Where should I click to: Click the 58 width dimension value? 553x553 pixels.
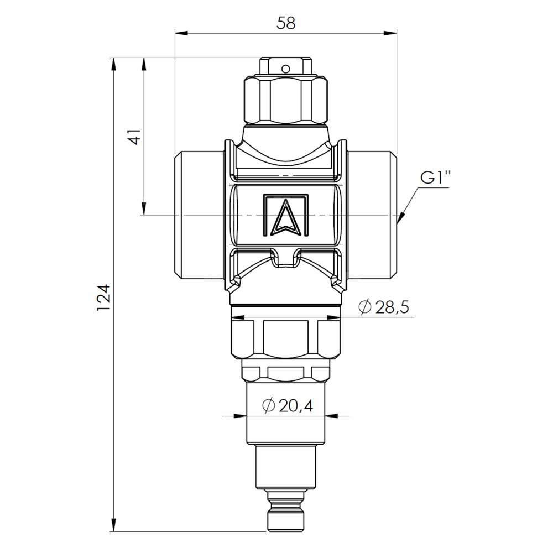point(286,23)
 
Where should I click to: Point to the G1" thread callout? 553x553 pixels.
point(435,179)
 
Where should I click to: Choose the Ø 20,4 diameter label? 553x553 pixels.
point(288,406)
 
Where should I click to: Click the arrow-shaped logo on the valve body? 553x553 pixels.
point(286,216)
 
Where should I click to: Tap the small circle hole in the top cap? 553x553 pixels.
point(286,68)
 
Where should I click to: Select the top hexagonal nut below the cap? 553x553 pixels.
point(286,101)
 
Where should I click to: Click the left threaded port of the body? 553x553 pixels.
point(200,215)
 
